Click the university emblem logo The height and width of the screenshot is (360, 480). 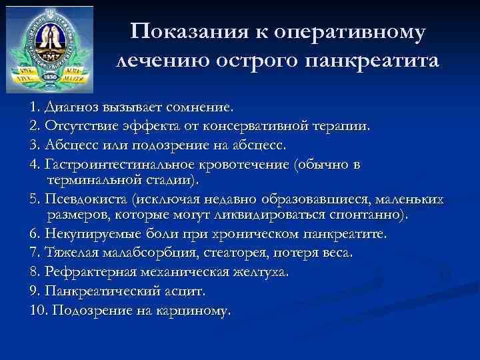tap(49, 50)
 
